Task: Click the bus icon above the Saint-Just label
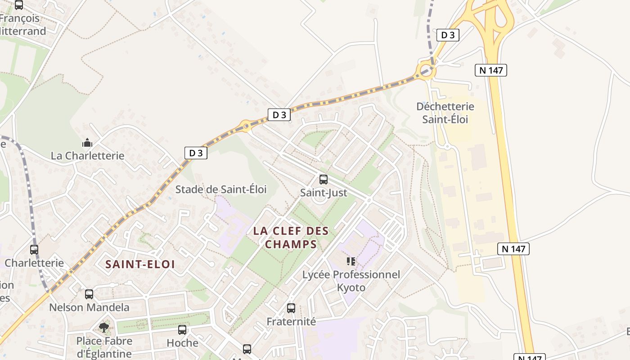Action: (x=323, y=180)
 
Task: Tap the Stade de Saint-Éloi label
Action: (x=220, y=189)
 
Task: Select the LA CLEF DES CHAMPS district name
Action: (x=291, y=238)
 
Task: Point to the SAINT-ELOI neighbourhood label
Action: (x=140, y=264)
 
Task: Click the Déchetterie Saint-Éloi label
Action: (x=445, y=113)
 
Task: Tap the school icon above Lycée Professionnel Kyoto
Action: (x=351, y=261)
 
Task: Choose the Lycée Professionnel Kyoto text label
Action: (x=351, y=281)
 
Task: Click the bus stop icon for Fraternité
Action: (x=291, y=308)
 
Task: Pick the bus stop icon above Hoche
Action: (x=182, y=330)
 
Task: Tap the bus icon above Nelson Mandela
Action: (x=89, y=294)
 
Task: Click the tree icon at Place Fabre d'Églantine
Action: (x=104, y=327)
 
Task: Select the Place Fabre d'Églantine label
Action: (x=104, y=347)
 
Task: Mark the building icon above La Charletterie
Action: (x=87, y=143)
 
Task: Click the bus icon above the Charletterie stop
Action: (x=34, y=249)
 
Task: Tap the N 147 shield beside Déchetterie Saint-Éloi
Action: (x=490, y=70)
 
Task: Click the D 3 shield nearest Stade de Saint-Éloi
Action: (x=196, y=153)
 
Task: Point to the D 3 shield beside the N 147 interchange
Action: (x=448, y=35)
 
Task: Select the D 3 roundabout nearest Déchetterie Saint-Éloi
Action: (x=426, y=70)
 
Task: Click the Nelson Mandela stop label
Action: (x=89, y=308)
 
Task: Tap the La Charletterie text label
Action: (x=87, y=156)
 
